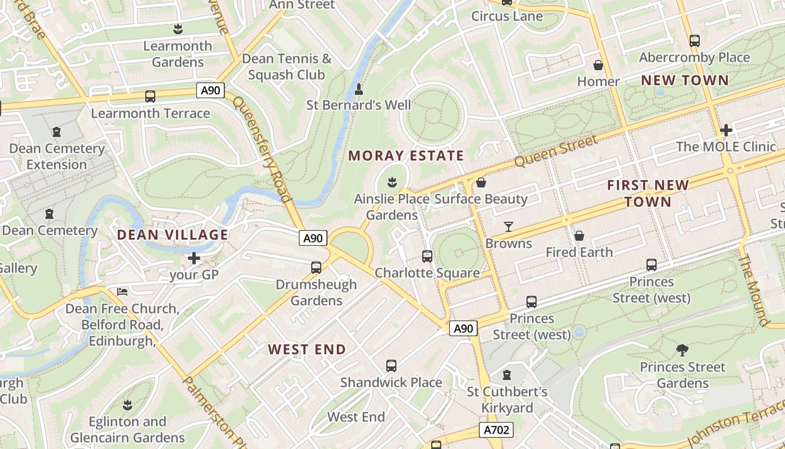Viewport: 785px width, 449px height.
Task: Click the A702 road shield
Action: pyautogui.click(x=496, y=430)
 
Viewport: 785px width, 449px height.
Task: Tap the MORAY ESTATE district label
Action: pyautogui.click(x=406, y=155)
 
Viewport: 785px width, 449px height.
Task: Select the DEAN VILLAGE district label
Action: pyautogui.click(x=172, y=235)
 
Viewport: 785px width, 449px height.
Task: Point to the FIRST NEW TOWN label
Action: pyautogui.click(x=648, y=193)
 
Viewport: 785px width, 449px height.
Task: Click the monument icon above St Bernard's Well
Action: pyautogui.click(x=359, y=89)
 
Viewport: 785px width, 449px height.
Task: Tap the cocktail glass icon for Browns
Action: pyautogui.click(x=508, y=227)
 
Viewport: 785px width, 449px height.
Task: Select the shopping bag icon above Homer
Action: pyautogui.click(x=598, y=65)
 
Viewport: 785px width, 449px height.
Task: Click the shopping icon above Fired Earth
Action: pyautogui.click(x=579, y=236)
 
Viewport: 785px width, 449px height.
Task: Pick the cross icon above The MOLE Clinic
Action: pyautogui.click(x=726, y=130)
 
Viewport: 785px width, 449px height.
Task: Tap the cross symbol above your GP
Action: pyautogui.click(x=194, y=258)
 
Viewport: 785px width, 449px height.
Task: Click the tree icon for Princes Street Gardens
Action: pyautogui.click(x=682, y=350)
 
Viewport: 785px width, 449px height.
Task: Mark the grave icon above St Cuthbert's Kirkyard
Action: pyautogui.click(x=507, y=374)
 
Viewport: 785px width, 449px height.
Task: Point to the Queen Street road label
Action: pyautogui.click(x=556, y=151)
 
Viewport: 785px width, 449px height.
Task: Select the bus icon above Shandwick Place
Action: pyautogui.click(x=391, y=366)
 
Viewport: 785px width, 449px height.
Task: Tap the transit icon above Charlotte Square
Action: pyautogui.click(x=427, y=256)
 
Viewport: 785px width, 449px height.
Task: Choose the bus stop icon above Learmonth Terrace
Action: pyautogui.click(x=150, y=97)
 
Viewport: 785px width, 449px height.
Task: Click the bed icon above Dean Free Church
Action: pyautogui.click(x=122, y=292)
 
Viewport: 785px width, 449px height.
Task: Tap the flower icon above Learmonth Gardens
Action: pyautogui.click(x=178, y=29)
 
